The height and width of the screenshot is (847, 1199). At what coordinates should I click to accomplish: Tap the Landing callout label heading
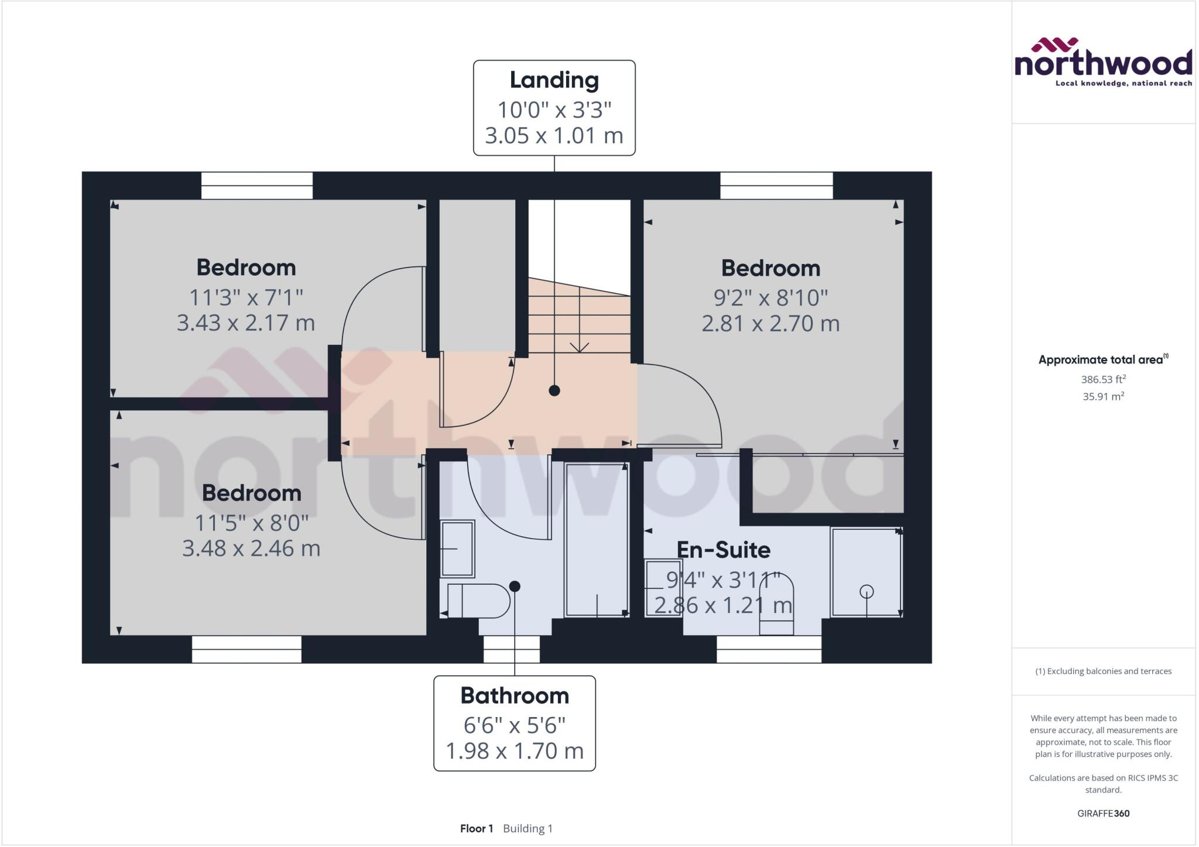[x=554, y=80]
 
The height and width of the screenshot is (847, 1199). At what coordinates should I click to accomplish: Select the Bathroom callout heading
[x=515, y=695]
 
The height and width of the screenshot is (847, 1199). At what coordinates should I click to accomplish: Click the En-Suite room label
[x=724, y=550]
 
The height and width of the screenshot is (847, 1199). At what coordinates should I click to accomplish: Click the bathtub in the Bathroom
[x=597, y=539]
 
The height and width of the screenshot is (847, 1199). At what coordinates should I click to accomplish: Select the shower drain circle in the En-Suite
[x=866, y=592]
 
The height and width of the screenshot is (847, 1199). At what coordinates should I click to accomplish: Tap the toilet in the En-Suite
[x=776, y=603]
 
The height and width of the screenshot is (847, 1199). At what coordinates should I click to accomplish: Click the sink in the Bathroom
[x=457, y=548]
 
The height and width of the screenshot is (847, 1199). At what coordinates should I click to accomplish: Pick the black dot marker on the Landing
[x=554, y=390]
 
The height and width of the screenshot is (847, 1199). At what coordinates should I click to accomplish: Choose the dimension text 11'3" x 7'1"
[x=246, y=297]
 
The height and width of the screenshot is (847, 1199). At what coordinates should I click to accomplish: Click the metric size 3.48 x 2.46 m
[x=251, y=548]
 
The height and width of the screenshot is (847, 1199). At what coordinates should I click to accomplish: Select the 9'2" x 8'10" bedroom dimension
[x=770, y=298]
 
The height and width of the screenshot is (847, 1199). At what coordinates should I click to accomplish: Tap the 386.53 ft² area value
[x=1103, y=379]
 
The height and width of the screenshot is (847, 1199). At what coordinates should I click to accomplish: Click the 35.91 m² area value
[x=1103, y=396]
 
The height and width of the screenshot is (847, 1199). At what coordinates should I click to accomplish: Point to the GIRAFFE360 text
[x=1103, y=813]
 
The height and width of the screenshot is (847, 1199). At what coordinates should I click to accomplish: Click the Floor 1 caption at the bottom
[x=477, y=828]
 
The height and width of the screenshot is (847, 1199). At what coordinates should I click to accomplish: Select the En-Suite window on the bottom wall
[x=769, y=649]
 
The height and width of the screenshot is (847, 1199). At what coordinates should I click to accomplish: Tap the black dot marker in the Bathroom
[x=515, y=586]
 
